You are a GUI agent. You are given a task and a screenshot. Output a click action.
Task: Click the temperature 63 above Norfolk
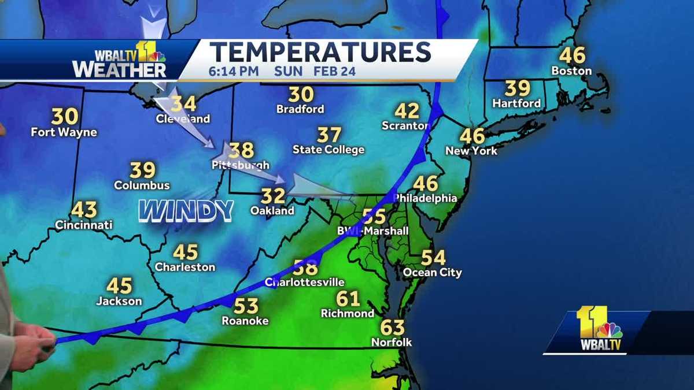392,328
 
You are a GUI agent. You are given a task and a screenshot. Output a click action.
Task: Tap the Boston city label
571,71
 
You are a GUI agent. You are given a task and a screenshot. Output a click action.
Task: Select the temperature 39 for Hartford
518,88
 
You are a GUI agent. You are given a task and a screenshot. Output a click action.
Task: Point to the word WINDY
186,211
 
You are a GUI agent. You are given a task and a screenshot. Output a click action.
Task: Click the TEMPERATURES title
320,52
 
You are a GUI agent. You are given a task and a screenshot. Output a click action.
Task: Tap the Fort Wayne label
64,132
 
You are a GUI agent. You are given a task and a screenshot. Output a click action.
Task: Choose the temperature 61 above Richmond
348,299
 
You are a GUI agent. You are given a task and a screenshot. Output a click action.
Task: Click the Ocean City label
432,272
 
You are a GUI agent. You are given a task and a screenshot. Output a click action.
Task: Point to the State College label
328,150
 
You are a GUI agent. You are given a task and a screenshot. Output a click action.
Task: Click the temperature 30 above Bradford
301,94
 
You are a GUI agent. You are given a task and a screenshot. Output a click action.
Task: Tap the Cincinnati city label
84,225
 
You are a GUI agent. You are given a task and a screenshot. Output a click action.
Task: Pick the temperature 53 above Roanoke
246,306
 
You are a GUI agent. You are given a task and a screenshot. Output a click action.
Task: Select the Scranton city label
405,125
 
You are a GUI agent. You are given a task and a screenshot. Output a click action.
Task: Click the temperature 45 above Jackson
119,286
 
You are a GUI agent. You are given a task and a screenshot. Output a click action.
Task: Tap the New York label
471,151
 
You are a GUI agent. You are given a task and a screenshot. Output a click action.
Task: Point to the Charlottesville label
304,283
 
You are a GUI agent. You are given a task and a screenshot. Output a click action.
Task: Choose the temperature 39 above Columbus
142,170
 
